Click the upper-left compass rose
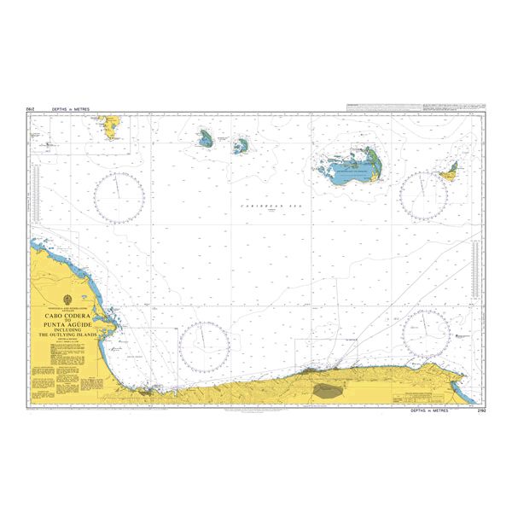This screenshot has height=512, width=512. pyautogui.click(x=119, y=195)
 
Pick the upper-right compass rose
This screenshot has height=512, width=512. pyautogui.click(x=424, y=195)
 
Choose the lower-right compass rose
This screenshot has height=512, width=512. pyautogui.click(x=425, y=333)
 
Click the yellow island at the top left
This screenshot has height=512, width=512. pyautogui.click(x=109, y=128)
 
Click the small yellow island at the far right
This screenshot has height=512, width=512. pyautogui.click(x=449, y=172)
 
